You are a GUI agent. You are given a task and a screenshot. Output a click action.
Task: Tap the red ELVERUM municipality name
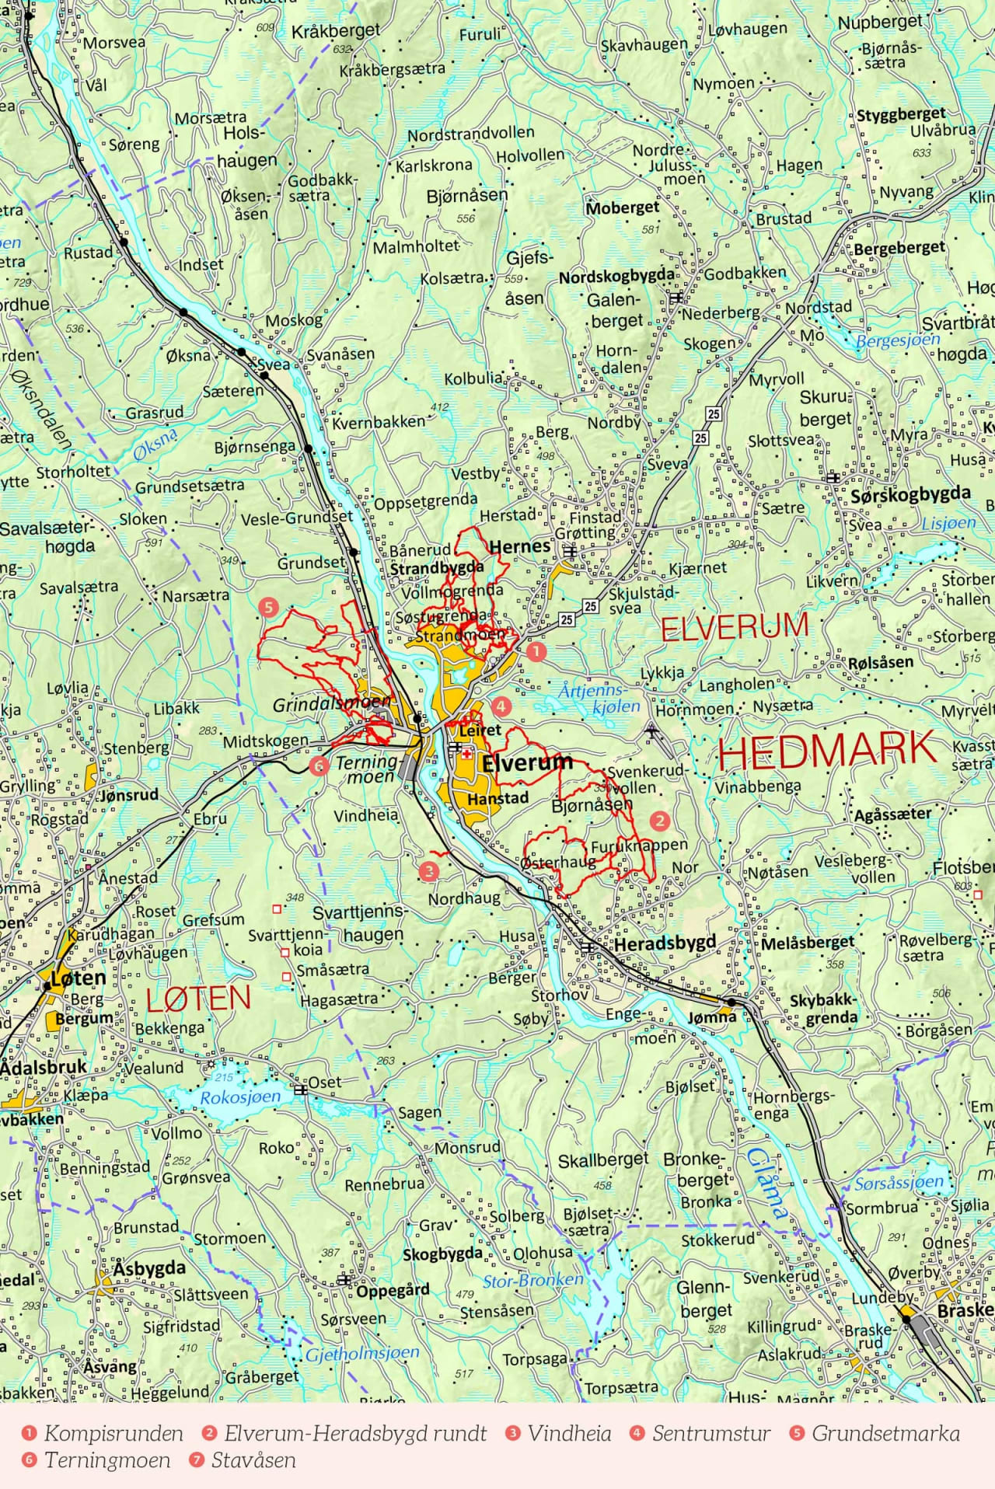735,626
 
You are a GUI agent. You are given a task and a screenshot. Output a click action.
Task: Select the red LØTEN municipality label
198,999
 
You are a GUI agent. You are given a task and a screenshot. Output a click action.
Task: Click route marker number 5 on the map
269,607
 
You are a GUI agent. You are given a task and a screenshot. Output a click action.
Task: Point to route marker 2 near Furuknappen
659,820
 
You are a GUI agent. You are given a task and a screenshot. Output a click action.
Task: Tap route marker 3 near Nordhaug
428,870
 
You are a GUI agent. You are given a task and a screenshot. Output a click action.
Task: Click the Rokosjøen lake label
240,1097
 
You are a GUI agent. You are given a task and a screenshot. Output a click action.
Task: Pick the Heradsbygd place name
665,943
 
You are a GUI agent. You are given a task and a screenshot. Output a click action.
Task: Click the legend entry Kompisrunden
113,1434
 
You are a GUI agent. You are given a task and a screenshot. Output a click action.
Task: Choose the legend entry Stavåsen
253,1460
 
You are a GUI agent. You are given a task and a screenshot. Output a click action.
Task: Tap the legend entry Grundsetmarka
885,1434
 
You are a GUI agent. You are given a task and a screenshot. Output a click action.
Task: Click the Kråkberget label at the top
336,32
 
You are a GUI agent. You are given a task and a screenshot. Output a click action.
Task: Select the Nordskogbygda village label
616,276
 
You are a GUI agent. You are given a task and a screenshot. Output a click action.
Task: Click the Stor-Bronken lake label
532,1280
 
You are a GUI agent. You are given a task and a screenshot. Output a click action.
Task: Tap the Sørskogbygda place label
909,494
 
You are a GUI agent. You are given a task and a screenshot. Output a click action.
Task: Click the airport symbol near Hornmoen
651,730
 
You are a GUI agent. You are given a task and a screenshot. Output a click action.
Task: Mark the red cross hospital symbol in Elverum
467,754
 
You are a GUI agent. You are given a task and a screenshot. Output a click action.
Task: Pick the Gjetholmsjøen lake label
361,1353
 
